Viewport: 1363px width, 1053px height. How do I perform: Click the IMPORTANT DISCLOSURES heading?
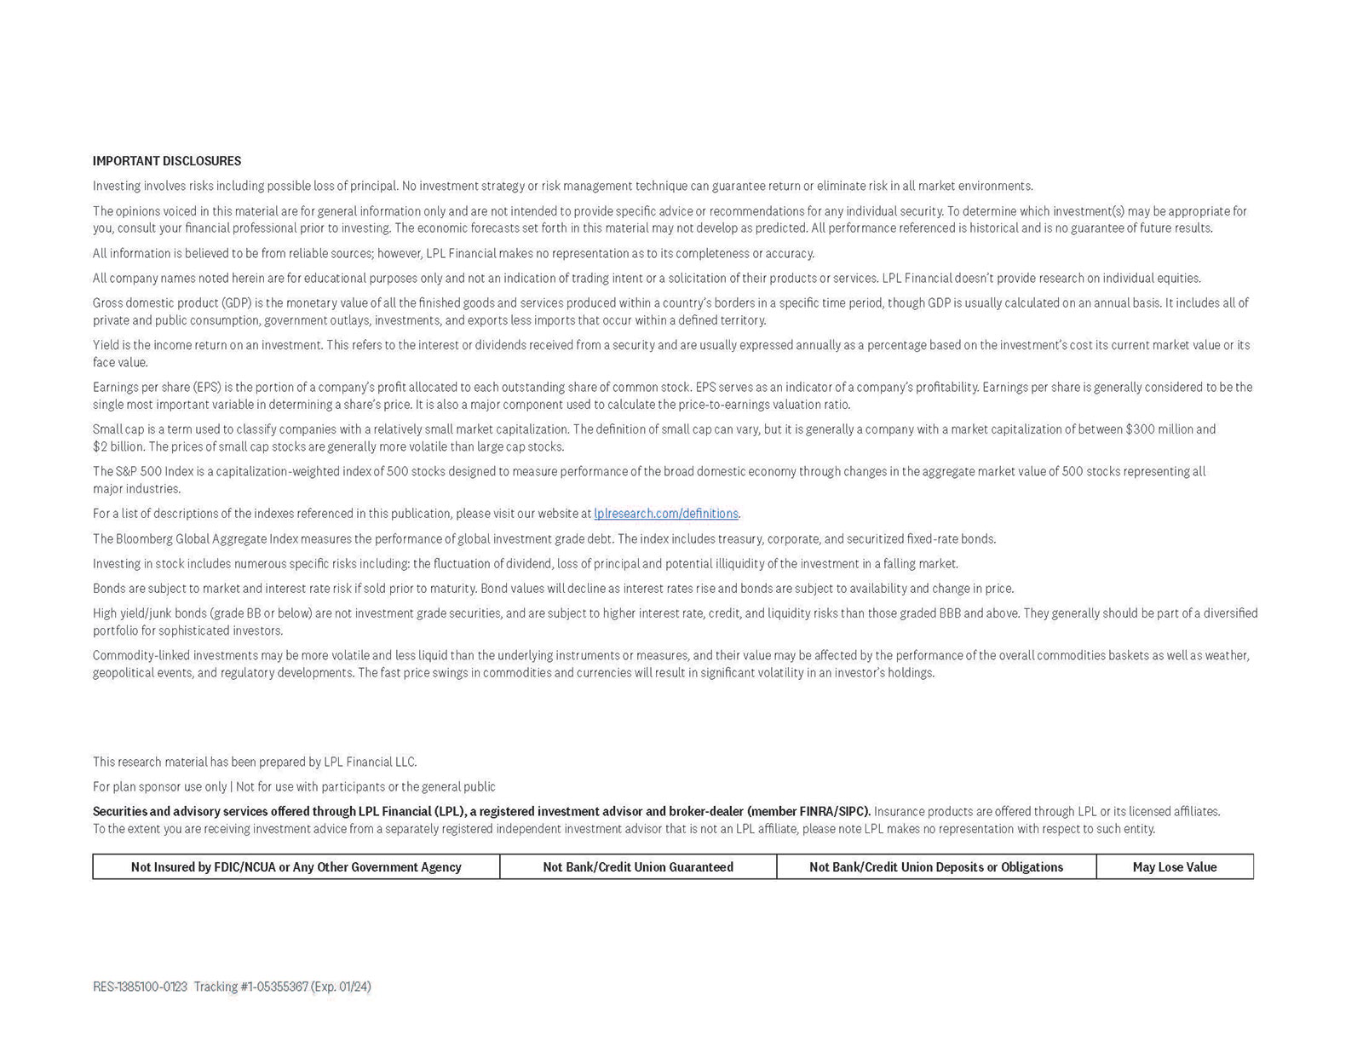[167, 161]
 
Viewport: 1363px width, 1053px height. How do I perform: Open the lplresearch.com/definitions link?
[666, 514]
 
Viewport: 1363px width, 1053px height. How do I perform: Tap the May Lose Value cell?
[1174, 867]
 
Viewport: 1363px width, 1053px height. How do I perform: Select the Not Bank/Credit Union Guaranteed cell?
[638, 867]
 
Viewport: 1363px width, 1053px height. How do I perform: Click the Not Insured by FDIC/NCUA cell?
[296, 867]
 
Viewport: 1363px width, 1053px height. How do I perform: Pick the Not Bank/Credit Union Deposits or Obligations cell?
[936, 867]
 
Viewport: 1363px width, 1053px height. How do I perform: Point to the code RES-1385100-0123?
[140, 987]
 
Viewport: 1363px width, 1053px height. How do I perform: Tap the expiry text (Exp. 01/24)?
[341, 987]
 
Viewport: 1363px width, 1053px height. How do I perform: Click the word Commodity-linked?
[141, 656]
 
